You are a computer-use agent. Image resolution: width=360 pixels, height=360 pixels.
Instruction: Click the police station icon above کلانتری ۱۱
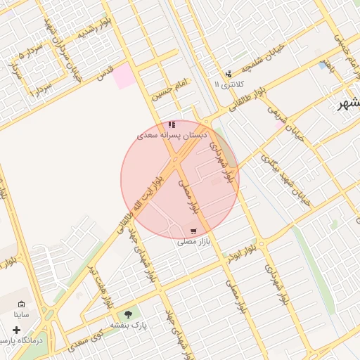[x=228, y=73]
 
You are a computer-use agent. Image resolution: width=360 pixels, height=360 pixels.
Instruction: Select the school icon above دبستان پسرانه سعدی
[x=172, y=124]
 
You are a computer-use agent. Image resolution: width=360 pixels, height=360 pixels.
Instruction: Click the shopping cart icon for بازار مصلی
[x=193, y=231]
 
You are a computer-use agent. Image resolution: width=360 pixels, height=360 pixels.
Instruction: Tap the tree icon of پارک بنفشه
[x=127, y=314]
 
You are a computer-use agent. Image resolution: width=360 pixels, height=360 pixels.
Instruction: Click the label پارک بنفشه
[x=127, y=326]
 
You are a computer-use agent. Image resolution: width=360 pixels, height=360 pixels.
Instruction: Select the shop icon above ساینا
[x=20, y=304]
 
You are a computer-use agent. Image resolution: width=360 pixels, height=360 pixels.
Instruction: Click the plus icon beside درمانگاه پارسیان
[x=15, y=330]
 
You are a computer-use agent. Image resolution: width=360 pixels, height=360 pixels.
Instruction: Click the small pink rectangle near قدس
[x=124, y=76]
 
